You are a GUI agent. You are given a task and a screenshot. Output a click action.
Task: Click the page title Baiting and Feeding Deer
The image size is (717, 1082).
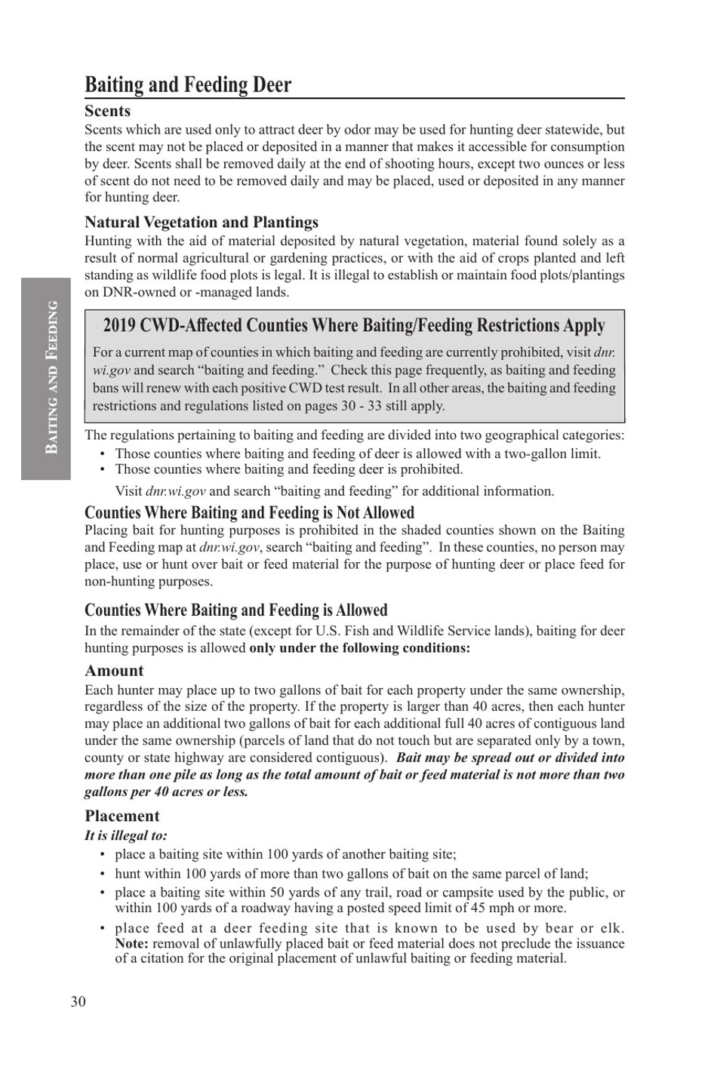188,85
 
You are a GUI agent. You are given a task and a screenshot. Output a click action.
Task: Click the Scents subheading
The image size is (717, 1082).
107,111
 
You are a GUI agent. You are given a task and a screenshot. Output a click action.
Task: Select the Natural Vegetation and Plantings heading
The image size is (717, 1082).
201,222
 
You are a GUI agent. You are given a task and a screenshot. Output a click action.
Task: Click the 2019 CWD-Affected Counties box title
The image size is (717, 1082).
354,326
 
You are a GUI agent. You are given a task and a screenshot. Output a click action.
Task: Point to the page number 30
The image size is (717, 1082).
78,1001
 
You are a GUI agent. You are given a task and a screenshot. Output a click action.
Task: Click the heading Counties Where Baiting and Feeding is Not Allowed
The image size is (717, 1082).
249,513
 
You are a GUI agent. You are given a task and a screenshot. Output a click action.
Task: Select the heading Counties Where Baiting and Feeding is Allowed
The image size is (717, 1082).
235,610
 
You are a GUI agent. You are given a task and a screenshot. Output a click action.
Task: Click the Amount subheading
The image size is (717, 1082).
114,670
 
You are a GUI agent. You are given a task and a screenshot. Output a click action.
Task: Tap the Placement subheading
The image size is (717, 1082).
122,816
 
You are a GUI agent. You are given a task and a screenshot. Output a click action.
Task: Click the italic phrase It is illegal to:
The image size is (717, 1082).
125,835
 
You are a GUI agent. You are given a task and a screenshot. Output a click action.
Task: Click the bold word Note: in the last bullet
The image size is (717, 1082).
131,943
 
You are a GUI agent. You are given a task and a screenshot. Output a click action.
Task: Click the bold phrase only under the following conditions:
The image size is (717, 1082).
359,648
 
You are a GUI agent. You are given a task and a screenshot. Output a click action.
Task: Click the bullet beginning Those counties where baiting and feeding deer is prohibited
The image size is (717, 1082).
288,469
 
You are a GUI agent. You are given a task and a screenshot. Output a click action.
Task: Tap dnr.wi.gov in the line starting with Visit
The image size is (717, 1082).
175,491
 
